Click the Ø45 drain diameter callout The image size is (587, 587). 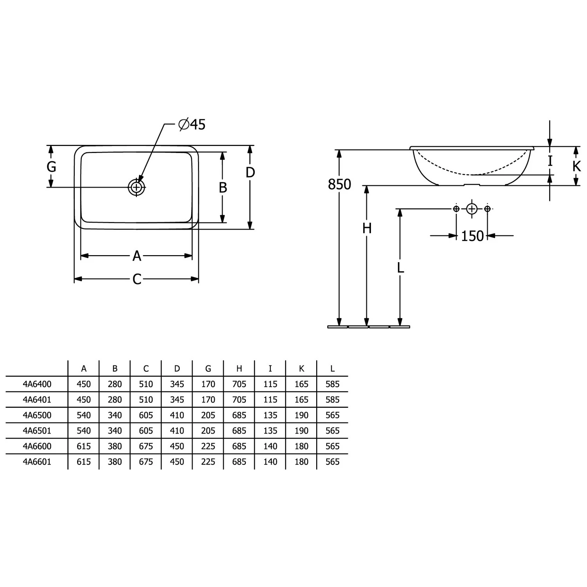click(x=192, y=124)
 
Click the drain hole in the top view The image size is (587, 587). click(x=137, y=187)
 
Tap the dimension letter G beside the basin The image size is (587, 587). click(x=51, y=167)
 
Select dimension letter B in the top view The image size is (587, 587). click(x=223, y=188)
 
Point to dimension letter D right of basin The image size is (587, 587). click(x=250, y=173)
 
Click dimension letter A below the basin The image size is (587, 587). click(x=137, y=256)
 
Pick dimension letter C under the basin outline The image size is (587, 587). click(x=137, y=279)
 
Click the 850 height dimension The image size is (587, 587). click(x=340, y=184)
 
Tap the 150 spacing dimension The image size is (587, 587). click(x=472, y=236)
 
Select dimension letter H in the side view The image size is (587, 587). click(x=367, y=228)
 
